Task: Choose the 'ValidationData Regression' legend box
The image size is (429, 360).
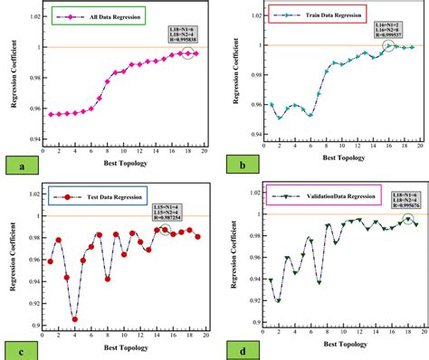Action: pos(305,194)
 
